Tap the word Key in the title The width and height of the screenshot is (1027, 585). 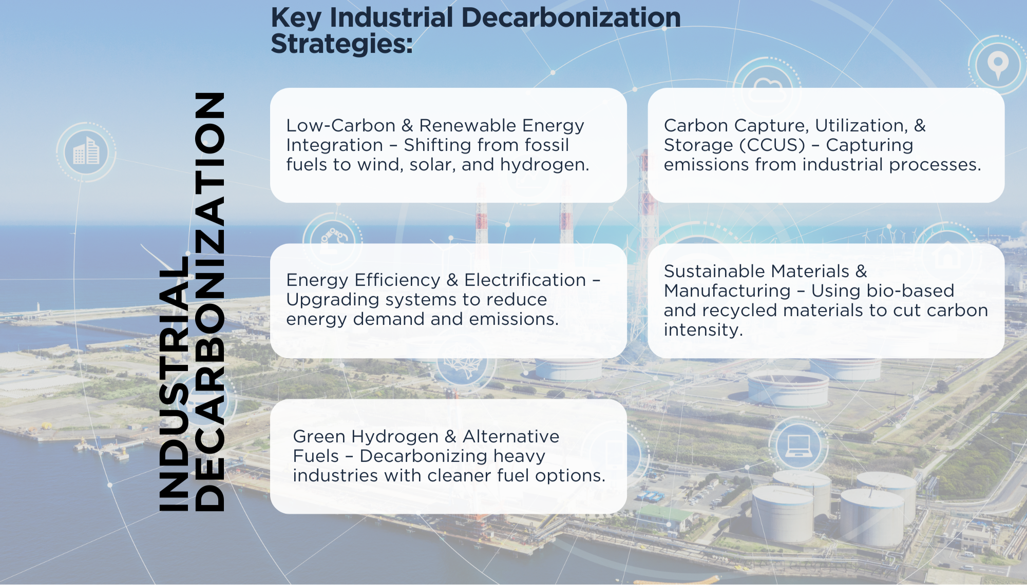[296, 18]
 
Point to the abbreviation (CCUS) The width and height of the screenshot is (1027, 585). [772, 145]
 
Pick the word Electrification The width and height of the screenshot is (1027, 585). [525, 280]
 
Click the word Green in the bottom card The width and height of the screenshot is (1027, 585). [319, 437]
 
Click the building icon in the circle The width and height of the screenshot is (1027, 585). [86, 151]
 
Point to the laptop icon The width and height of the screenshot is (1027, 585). [798, 445]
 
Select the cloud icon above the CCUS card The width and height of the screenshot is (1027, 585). [768, 89]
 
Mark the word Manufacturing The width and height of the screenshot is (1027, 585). [727, 291]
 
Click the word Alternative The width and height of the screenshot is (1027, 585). [510, 437]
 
